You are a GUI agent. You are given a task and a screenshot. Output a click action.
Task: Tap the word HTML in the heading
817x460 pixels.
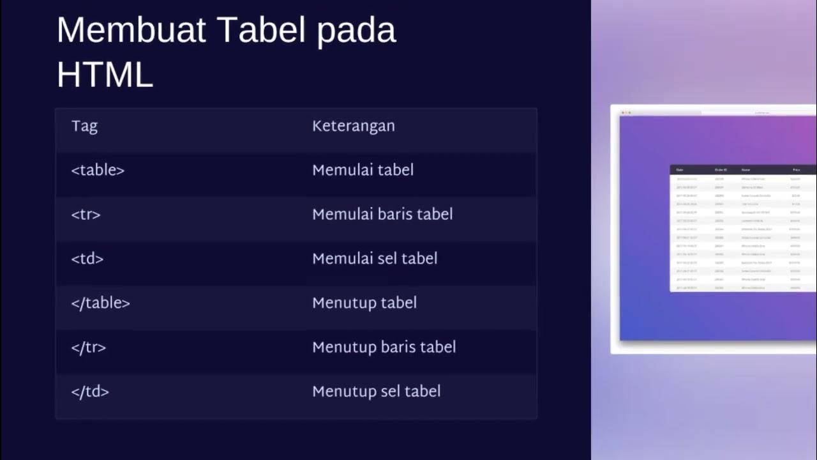[105, 75]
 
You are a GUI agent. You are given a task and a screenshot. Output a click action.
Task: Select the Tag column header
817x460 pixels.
[84, 126]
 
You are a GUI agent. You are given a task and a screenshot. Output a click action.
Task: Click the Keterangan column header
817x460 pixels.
[353, 126]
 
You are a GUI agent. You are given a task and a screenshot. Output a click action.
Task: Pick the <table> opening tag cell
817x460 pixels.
[98, 170]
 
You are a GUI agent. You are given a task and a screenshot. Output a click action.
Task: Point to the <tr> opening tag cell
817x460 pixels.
[86, 214]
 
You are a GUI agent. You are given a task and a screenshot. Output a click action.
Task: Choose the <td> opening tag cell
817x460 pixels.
[87, 258]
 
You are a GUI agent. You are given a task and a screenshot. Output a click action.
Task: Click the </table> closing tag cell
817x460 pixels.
[101, 303]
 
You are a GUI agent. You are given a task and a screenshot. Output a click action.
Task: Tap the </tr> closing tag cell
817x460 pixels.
[89, 347]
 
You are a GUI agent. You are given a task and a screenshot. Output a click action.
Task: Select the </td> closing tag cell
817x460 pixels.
[90, 391]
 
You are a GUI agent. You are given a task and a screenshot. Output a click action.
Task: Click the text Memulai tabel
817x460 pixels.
[363, 170]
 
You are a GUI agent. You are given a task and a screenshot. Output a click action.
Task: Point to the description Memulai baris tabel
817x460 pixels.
[382, 214]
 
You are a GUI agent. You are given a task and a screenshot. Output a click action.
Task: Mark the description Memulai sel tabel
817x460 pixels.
[375, 258]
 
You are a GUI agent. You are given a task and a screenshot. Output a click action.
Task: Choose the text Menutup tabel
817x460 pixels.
[364, 303]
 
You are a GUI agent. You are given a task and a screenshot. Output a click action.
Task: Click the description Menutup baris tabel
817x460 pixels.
[384, 347]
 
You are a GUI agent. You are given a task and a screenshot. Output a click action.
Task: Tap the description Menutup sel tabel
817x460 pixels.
[376, 391]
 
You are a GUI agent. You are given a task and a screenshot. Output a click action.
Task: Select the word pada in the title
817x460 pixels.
[357, 30]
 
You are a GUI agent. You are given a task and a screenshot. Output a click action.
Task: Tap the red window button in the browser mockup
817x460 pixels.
[622, 112]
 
